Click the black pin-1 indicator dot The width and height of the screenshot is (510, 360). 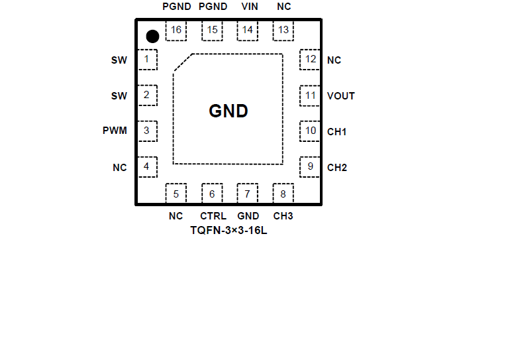point(152,36)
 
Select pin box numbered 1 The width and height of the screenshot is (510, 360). point(147,60)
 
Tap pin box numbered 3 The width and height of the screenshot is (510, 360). point(147,131)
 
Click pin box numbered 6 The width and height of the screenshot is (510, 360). point(212,194)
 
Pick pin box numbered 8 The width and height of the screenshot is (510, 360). point(283,194)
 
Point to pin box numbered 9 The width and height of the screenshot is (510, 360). point(310,166)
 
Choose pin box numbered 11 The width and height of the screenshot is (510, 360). point(310,95)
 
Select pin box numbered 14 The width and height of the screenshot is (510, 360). point(247,30)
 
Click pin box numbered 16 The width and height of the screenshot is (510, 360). point(176,30)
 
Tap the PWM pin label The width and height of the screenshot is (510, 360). point(115,131)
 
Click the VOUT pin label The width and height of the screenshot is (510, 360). point(341,95)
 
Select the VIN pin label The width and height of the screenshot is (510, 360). point(250,7)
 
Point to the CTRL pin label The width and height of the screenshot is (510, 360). point(213,216)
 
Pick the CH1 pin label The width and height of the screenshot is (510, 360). point(336,131)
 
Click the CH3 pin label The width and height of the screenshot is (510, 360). point(283,216)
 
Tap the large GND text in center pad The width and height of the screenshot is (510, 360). point(229,111)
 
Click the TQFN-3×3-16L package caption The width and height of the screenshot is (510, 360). point(229,231)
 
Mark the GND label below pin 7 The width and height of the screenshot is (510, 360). point(248,216)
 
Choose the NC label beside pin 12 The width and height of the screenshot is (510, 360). point(334,60)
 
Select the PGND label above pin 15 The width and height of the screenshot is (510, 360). point(213,7)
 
